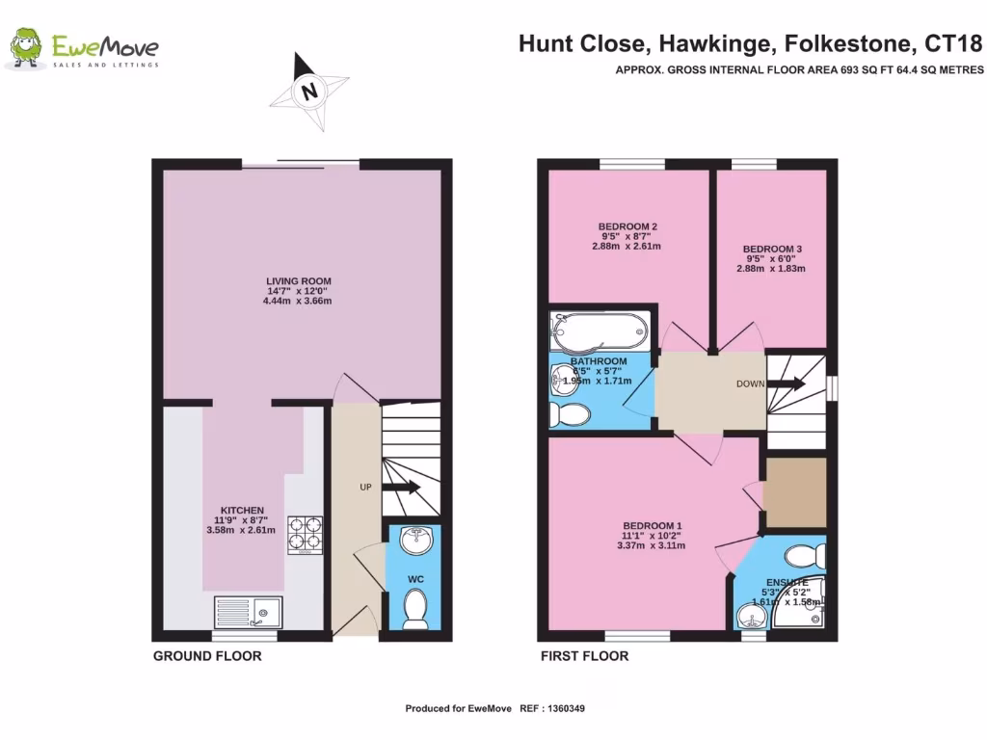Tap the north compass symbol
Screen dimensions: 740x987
309,91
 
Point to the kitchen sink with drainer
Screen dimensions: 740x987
248,612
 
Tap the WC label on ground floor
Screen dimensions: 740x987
415,578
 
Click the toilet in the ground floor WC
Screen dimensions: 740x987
415,608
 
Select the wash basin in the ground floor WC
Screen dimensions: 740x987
416,541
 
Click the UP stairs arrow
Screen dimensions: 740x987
401,488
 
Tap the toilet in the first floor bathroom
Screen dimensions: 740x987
569,414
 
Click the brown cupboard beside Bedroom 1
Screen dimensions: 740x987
794,493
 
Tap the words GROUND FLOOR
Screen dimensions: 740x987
207,656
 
